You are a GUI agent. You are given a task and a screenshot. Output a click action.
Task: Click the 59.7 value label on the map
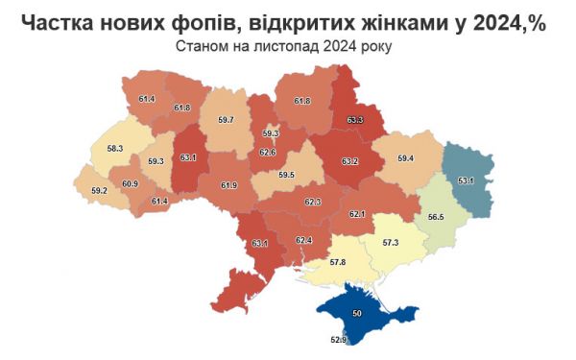pyautogui.click(x=227, y=120)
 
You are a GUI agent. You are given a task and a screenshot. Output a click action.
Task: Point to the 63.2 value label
pyautogui.click(x=349, y=161)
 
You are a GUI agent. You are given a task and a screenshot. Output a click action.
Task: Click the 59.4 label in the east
pyautogui.click(x=405, y=157)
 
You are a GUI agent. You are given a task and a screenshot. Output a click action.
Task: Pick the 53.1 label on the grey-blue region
pyautogui.click(x=466, y=180)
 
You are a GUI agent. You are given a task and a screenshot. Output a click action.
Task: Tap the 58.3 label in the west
pyautogui.click(x=114, y=149)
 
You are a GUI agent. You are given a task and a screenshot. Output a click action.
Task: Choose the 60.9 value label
pyautogui.click(x=130, y=183)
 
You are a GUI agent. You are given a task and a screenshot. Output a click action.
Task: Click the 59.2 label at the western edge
pyautogui.click(x=99, y=191)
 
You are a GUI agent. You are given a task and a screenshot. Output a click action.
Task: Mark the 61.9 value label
pyautogui.click(x=228, y=185)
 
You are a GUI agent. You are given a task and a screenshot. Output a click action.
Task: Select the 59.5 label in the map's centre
pyautogui.click(x=285, y=175)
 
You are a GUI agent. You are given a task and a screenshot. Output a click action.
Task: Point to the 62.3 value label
pyautogui.click(x=312, y=203)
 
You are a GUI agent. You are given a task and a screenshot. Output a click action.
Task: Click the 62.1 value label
pyautogui.click(x=358, y=214)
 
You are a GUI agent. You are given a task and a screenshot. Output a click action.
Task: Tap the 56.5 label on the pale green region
pyautogui.click(x=435, y=218)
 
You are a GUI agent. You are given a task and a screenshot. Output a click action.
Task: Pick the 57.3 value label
pyautogui.click(x=390, y=243)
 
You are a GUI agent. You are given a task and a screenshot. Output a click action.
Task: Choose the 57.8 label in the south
pyautogui.click(x=337, y=261)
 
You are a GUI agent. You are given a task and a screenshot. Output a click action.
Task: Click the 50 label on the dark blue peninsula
pyautogui.click(x=357, y=314)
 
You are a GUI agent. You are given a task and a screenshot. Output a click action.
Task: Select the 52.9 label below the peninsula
pyautogui.click(x=337, y=339)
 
